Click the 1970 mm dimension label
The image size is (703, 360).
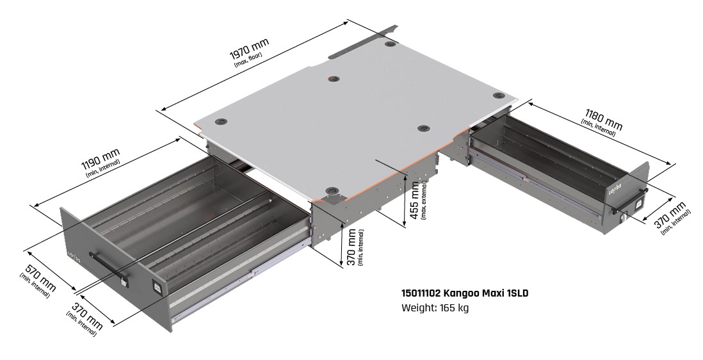(x=249, y=49)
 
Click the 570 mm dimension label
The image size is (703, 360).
(x=38, y=277)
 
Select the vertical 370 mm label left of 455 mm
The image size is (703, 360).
(x=351, y=247)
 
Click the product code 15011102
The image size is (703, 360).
(x=421, y=293)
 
